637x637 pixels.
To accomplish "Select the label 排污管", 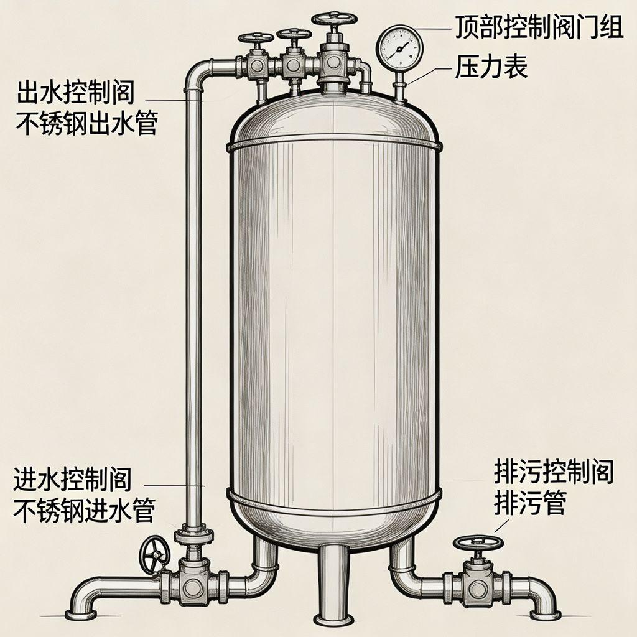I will [x=529, y=503].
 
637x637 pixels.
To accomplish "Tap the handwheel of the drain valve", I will [x=477, y=542].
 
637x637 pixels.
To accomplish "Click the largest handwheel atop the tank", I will [x=334, y=18].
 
